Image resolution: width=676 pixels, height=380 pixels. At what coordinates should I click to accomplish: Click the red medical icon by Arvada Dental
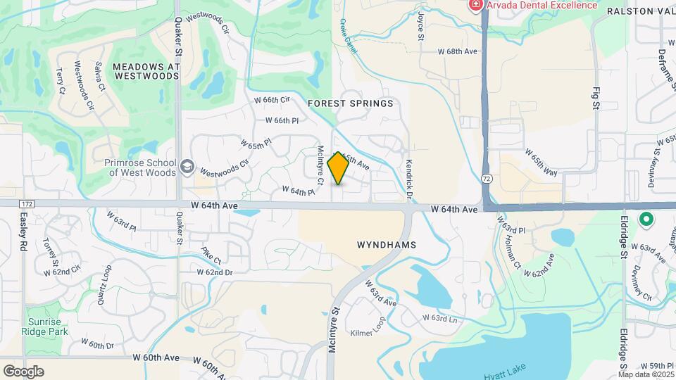pos(476,5)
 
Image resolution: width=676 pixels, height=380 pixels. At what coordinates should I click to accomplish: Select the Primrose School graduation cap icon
pos(187,166)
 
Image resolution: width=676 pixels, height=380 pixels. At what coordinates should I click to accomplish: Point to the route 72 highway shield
pos(487,179)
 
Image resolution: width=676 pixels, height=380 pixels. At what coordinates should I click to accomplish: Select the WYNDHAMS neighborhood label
pos(387,245)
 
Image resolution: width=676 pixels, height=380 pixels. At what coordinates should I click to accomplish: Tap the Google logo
pos(23,371)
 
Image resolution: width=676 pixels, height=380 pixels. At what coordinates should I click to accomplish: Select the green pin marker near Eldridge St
pos(646,220)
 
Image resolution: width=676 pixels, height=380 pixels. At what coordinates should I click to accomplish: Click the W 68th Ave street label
pos(457,51)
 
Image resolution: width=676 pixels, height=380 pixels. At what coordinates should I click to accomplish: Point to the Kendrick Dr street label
pos(408,172)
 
